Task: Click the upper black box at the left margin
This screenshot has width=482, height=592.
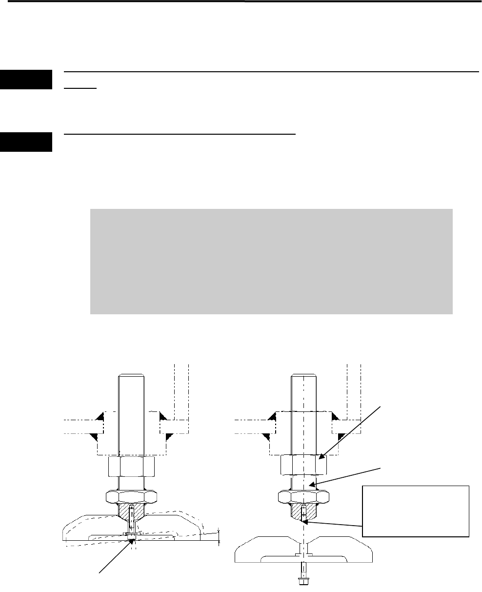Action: click(26, 80)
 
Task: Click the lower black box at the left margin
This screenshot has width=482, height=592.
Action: click(26, 142)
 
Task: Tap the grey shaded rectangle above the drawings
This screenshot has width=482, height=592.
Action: click(271, 261)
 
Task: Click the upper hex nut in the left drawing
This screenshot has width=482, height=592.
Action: click(132, 465)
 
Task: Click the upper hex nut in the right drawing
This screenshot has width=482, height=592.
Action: click(303, 465)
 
